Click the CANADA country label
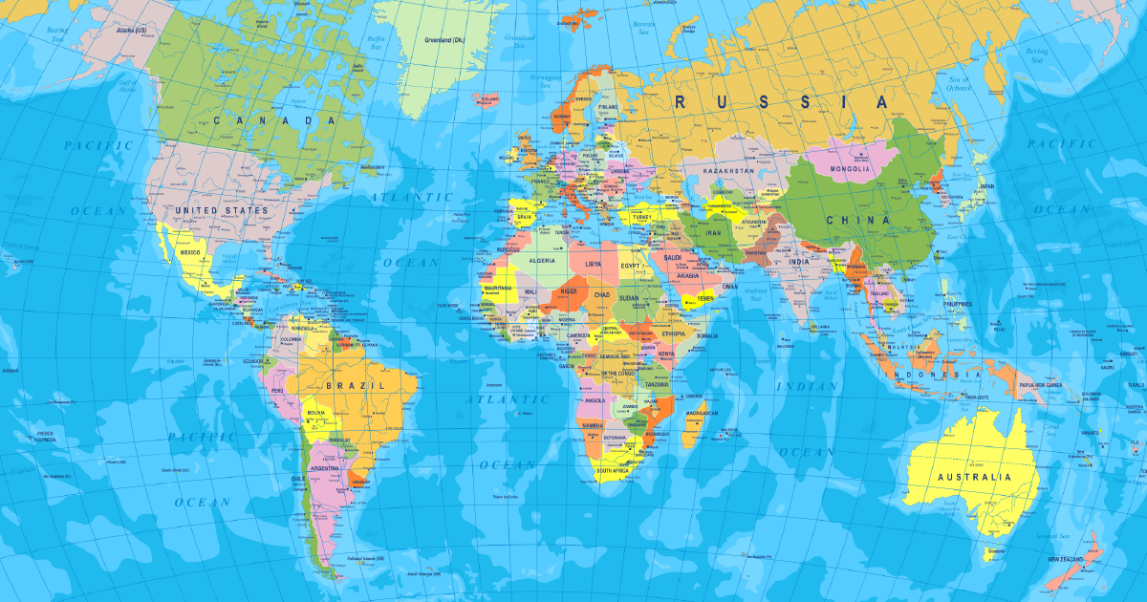(x=275, y=120)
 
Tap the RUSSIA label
(x=781, y=101)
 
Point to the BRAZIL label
(x=355, y=384)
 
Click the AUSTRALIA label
(x=973, y=476)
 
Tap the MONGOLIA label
(x=851, y=169)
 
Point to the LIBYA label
(x=594, y=263)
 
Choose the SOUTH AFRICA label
(x=617, y=471)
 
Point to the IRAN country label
(x=712, y=231)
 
